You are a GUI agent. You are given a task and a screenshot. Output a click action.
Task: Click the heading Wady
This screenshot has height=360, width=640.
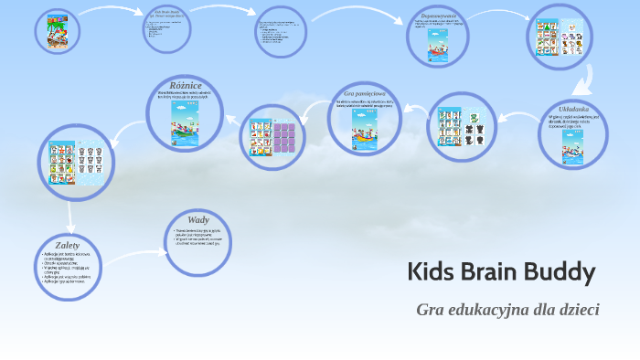(198, 219)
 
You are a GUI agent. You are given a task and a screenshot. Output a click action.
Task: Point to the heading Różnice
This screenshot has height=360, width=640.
(186, 85)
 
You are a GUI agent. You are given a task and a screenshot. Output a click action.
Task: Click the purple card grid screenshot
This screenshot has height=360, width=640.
(284, 136)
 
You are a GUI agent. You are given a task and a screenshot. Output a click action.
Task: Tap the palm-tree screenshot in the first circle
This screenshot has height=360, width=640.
(57, 33)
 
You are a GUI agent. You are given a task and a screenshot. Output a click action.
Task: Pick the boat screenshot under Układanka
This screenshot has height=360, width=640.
(573, 145)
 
